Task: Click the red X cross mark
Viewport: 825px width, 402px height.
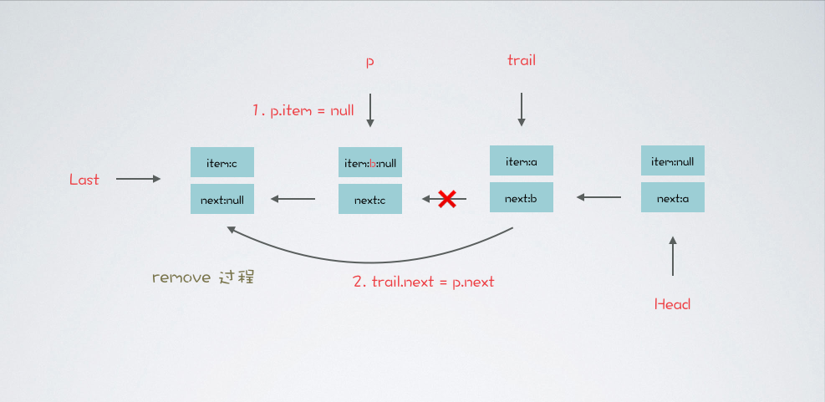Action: click(447, 199)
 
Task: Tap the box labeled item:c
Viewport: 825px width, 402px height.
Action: click(222, 163)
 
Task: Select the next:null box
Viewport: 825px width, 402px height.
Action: click(222, 199)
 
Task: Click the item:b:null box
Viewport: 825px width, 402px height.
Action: click(370, 163)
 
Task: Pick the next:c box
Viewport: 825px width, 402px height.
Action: click(370, 199)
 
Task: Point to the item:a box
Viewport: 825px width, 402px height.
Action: click(521, 160)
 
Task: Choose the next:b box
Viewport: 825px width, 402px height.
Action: click(521, 197)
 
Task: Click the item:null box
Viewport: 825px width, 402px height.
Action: click(673, 160)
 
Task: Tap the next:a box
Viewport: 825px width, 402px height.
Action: click(673, 197)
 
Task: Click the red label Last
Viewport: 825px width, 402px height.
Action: click(84, 179)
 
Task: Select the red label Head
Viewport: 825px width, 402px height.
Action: click(672, 304)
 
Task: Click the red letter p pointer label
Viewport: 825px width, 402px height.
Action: click(369, 62)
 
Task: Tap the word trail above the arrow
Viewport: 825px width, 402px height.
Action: click(521, 60)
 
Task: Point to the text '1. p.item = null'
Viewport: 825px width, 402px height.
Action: click(303, 110)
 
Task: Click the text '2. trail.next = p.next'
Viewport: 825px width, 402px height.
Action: click(423, 282)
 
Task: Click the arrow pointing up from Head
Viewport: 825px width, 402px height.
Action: click(673, 256)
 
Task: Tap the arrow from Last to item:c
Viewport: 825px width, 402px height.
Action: click(138, 179)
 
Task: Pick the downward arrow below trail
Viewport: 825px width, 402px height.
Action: click(522, 109)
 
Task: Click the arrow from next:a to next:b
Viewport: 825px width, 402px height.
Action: click(598, 197)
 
